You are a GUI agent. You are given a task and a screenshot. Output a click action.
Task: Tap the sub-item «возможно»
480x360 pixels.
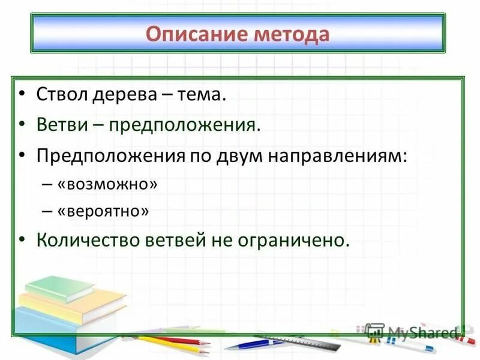(x=108, y=184)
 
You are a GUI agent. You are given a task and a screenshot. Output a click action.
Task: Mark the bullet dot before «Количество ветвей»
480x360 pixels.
(x=22, y=240)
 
